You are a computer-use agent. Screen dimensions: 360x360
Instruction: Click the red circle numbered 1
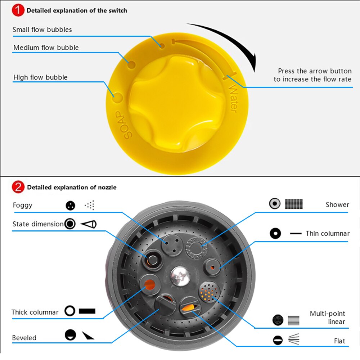(x=18, y=10)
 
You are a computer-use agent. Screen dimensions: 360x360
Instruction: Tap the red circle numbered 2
(x=18, y=187)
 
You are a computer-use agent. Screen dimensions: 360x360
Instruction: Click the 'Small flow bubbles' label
(x=42, y=30)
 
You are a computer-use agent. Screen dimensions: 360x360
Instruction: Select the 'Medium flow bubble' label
(x=46, y=48)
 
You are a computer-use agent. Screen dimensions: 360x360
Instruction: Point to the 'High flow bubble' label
(x=40, y=77)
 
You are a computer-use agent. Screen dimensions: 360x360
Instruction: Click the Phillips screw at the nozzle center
(x=180, y=276)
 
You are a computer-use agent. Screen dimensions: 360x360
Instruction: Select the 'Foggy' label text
(x=22, y=205)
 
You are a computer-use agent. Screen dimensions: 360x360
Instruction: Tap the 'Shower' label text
(x=337, y=204)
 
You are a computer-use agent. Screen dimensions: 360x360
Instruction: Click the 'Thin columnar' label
(x=328, y=234)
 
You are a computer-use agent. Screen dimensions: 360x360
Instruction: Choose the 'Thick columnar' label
(x=35, y=312)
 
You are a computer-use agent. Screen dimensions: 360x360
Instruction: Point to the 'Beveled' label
(x=24, y=338)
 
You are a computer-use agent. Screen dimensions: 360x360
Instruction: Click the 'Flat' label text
(x=339, y=341)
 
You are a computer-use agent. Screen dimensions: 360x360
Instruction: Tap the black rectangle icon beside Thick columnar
(x=87, y=311)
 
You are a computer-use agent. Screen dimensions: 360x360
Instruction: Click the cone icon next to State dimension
(x=89, y=224)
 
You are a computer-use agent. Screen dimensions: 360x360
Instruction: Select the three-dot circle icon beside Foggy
(x=70, y=206)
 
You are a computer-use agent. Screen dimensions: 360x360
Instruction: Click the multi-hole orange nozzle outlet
(x=209, y=292)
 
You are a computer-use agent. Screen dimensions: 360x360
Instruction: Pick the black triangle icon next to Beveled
(x=87, y=336)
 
